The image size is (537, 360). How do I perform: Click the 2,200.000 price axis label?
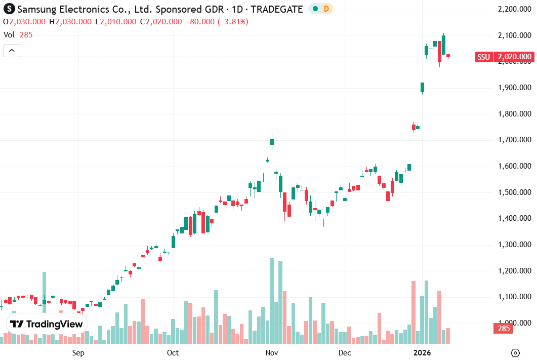(x=515, y=9)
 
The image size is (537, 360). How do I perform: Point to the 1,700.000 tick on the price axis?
(x=515, y=140)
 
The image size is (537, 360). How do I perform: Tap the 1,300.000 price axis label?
(x=515, y=245)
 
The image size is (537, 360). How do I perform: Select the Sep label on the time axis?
(x=78, y=352)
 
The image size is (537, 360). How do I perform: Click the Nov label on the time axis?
(x=272, y=352)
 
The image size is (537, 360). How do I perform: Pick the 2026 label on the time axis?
(x=422, y=352)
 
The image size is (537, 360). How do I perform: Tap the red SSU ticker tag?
(x=483, y=57)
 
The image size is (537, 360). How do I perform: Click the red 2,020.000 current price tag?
(x=514, y=57)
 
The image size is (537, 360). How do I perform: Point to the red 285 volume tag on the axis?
(x=503, y=329)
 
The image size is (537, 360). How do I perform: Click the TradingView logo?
(x=46, y=324)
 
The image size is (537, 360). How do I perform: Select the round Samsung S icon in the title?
(x=9, y=9)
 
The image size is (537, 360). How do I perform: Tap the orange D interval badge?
(x=326, y=9)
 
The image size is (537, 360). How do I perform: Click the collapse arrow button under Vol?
(x=12, y=50)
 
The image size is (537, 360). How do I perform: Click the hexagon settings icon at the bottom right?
(x=515, y=352)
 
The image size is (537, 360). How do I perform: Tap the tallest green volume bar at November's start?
(x=272, y=301)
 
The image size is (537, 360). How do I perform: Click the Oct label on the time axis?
(x=173, y=352)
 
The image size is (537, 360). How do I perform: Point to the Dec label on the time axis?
(x=345, y=352)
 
